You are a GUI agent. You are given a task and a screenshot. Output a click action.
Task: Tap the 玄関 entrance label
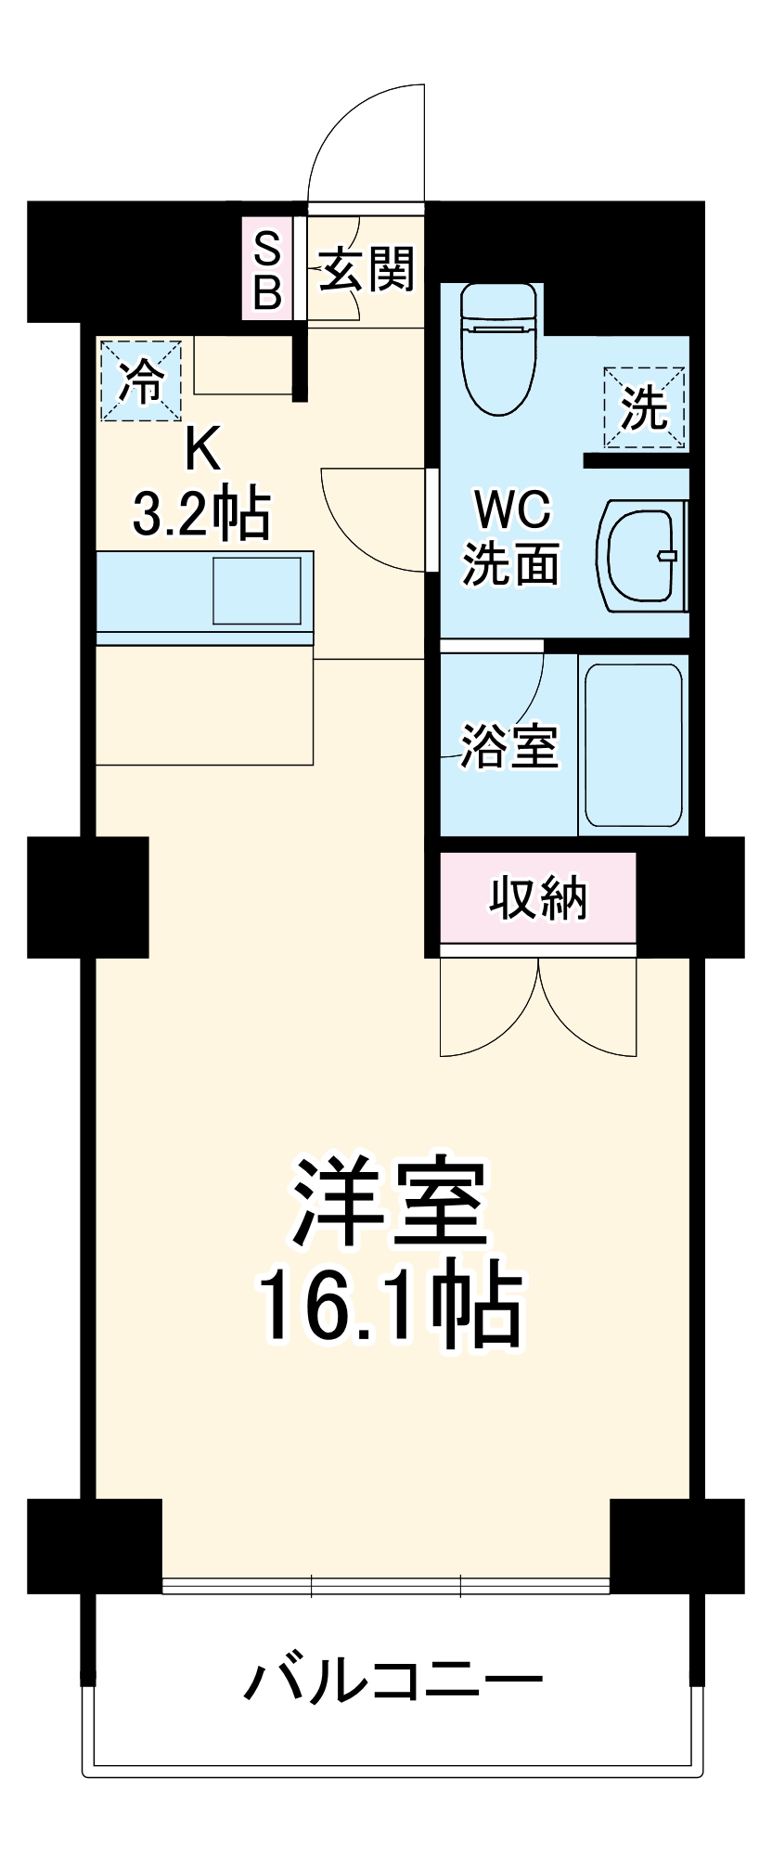click(x=367, y=270)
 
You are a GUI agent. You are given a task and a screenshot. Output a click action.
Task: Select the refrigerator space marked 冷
click(x=141, y=380)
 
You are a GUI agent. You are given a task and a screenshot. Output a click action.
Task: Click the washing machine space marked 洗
click(x=645, y=408)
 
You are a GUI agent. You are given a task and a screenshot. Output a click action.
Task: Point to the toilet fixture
click(x=499, y=349)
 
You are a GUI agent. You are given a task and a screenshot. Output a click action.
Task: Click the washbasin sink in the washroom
click(x=645, y=557)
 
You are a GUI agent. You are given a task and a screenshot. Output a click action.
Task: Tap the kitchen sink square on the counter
click(x=257, y=591)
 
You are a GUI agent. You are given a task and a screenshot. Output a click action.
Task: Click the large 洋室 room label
click(x=390, y=1202)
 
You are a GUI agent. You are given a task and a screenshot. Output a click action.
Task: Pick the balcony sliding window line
click(x=386, y=1587)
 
